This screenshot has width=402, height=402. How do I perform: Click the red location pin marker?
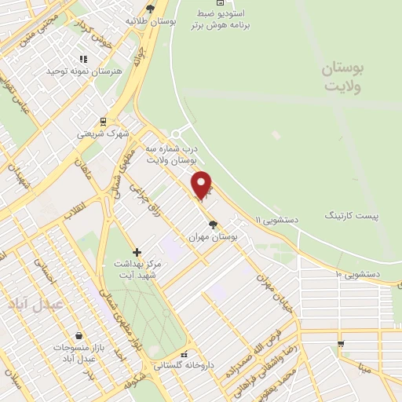click(x=202, y=185)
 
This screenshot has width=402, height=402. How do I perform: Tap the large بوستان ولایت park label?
click(x=344, y=79)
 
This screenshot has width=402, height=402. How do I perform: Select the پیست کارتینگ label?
click(x=352, y=214)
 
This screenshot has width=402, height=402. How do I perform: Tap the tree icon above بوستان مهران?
click(x=214, y=224)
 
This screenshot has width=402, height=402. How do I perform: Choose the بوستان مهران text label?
click(x=214, y=236)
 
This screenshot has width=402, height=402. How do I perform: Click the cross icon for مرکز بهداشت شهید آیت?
click(x=137, y=252)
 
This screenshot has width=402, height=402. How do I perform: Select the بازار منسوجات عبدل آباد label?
click(x=75, y=353)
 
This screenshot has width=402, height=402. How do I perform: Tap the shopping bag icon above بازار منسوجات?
click(x=79, y=335)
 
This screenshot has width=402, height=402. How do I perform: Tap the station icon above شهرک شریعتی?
click(x=101, y=122)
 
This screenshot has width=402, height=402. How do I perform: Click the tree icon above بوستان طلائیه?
click(x=150, y=9)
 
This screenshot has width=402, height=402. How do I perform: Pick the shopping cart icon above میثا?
click(x=340, y=344)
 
